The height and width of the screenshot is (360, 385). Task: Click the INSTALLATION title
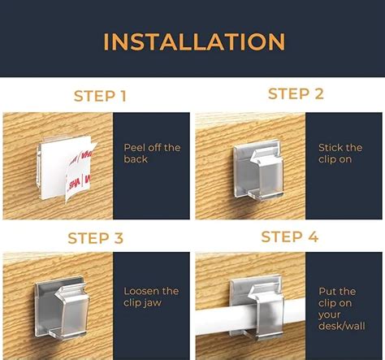[193, 41]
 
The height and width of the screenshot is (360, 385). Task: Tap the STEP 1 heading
[100, 97]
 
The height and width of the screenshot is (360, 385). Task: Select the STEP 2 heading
[296, 94]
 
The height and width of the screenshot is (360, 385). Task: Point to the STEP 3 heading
[95, 239]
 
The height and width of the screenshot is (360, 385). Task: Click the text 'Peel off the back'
[151, 154]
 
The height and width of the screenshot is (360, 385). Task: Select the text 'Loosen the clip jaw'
[150, 297]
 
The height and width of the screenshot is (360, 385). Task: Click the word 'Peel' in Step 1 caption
[135, 148]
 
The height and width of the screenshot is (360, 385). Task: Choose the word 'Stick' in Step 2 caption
[331, 148]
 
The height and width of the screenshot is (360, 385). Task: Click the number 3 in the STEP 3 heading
[119, 239]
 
